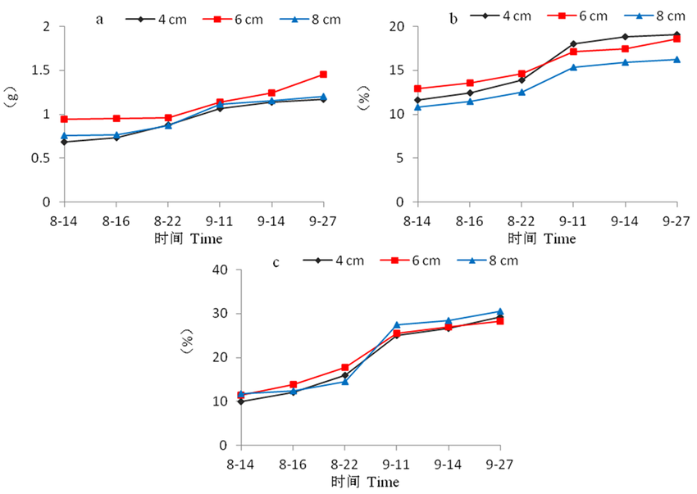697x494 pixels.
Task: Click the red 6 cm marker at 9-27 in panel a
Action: click(323, 75)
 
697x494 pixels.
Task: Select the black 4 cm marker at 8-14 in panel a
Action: click(64, 142)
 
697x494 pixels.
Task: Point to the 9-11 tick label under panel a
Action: click(220, 221)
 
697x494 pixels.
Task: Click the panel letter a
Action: click(100, 19)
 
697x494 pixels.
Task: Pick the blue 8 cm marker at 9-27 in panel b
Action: click(676, 59)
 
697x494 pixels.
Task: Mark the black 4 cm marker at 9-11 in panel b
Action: click(572, 43)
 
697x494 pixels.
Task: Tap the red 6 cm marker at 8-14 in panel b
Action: click(417, 88)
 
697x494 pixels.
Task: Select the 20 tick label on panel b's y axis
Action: click(398, 27)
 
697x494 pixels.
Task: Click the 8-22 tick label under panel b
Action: click(521, 221)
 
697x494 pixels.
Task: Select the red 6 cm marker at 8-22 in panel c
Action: click(344, 368)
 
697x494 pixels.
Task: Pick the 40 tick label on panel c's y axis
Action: click(219, 270)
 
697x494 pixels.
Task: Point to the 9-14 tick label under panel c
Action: click(449, 465)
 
